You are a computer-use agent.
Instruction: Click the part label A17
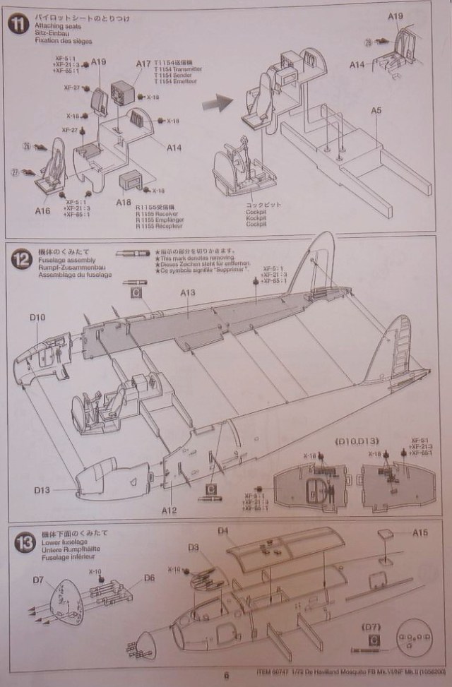click(144, 64)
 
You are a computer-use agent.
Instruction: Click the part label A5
click(376, 109)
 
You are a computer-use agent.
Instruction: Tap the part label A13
click(187, 292)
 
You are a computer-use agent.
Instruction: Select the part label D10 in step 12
click(38, 318)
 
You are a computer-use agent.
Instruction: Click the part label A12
click(169, 510)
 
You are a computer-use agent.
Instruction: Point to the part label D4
click(223, 530)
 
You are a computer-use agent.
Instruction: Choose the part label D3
click(194, 547)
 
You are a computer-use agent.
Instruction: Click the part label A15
click(421, 532)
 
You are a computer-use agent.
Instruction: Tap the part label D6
click(148, 578)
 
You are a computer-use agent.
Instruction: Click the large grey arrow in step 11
click(215, 104)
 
